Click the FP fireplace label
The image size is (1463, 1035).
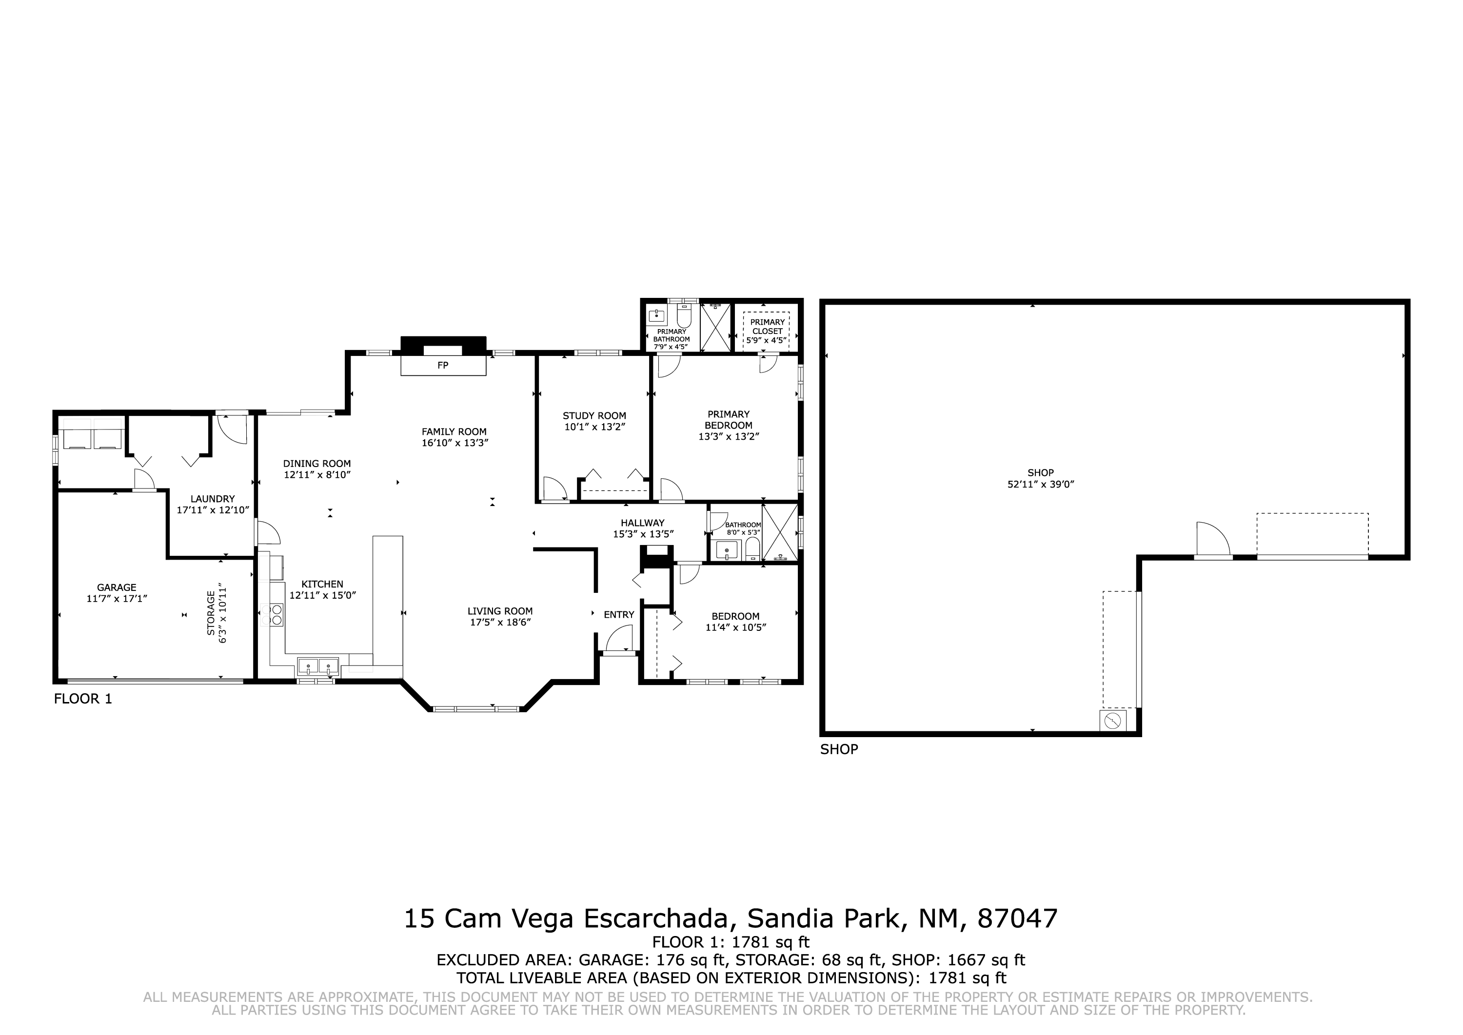(442, 365)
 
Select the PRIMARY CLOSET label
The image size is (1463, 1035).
(767, 326)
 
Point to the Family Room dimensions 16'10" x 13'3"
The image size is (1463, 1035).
(455, 442)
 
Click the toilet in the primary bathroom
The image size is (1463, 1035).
(684, 315)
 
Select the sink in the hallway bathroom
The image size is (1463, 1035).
(727, 549)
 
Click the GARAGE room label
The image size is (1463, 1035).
(117, 587)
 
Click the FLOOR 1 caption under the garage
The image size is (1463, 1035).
(83, 699)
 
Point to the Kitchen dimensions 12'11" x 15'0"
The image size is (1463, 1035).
(322, 595)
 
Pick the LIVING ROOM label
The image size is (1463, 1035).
(500, 610)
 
